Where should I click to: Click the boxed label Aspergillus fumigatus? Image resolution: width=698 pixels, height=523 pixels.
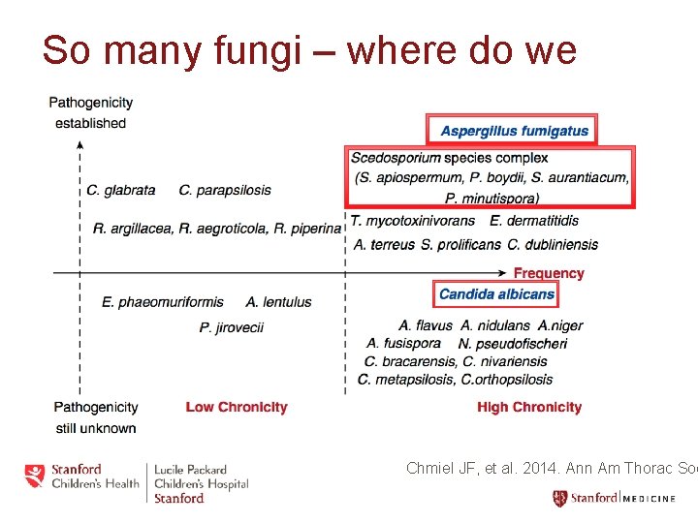[514, 131]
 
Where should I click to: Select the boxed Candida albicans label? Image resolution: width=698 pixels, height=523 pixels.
[496, 294]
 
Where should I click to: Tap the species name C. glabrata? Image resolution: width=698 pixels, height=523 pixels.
[120, 190]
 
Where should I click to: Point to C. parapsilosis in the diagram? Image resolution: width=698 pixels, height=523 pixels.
[225, 190]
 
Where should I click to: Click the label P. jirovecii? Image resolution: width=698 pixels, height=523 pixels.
[232, 327]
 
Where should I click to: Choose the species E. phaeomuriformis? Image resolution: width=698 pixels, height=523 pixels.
[163, 302]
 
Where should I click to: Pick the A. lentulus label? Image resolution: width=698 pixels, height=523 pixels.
[279, 302]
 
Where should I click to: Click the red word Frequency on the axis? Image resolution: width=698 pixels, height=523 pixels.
[549, 273]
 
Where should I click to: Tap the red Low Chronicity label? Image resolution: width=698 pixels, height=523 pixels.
[237, 407]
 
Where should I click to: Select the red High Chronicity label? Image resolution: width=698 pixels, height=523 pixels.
[529, 407]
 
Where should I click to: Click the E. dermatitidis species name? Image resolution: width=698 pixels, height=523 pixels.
[535, 222]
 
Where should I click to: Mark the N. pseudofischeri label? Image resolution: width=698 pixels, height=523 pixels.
[513, 343]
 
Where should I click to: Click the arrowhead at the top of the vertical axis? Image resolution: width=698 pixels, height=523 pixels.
[79, 144]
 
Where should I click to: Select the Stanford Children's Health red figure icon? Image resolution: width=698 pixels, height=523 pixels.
[35, 476]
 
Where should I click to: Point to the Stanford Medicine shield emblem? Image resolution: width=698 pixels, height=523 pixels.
[559, 499]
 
